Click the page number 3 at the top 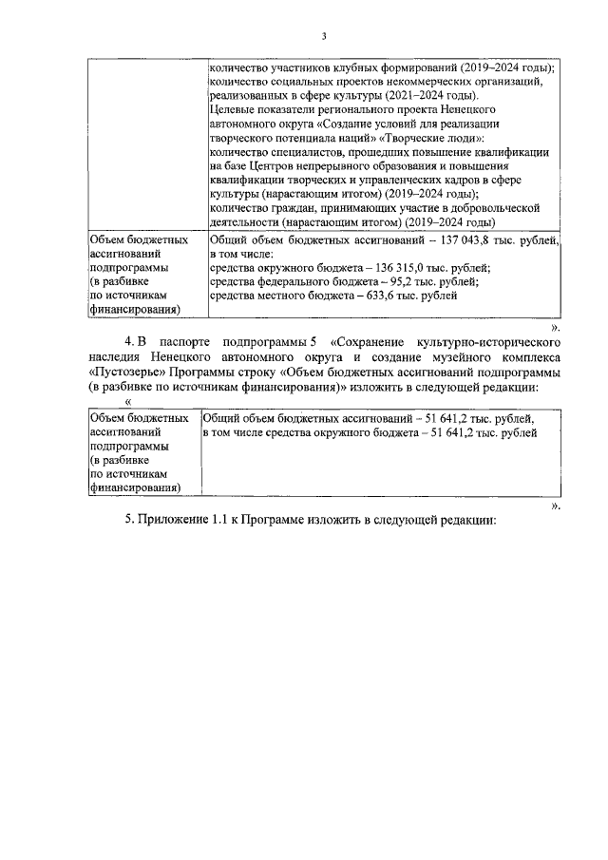pos(323,37)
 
